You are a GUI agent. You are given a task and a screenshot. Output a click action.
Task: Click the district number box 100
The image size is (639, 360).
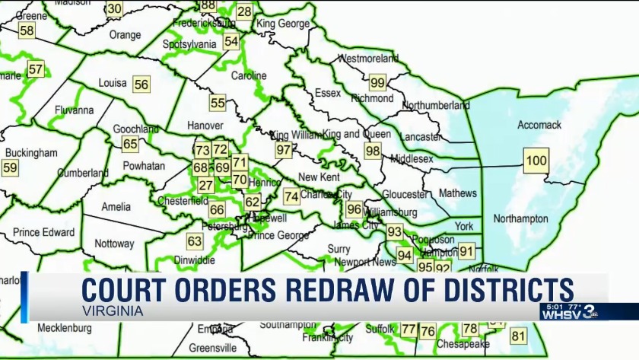pyautogui.click(x=536, y=160)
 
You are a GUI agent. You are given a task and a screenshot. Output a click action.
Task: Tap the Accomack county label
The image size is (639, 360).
pyautogui.click(x=538, y=124)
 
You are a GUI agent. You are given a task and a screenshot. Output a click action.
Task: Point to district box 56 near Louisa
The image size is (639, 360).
pyautogui.click(x=141, y=84)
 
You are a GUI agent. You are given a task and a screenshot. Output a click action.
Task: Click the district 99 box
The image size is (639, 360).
pyautogui.click(x=377, y=82)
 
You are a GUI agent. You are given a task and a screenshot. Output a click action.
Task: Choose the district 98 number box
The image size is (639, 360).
pyautogui.click(x=373, y=151)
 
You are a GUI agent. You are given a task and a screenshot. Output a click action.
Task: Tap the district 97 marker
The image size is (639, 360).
pyautogui.click(x=284, y=150)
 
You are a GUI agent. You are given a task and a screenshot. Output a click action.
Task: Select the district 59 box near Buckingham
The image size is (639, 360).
pyautogui.click(x=10, y=167)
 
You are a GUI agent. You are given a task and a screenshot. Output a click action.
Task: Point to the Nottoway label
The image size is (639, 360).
pyautogui.click(x=115, y=244)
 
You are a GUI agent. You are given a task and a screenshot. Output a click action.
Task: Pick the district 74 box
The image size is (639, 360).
pyautogui.click(x=291, y=196)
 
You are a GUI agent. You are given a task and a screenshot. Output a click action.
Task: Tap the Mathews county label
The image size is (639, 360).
pyautogui.click(x=458, y=193)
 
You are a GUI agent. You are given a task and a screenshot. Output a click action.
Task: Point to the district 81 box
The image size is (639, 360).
pyautogui.click(x=518, y=336)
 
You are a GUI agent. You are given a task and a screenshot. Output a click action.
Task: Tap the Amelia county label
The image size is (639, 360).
pyautogui.click(x=116, y=206)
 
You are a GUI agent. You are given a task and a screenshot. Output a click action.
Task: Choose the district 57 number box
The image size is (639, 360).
pyautogui.click(x=36, y=69)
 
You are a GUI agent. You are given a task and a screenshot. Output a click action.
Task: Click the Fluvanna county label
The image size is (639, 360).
pyautogui.click(x=74, y=110)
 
